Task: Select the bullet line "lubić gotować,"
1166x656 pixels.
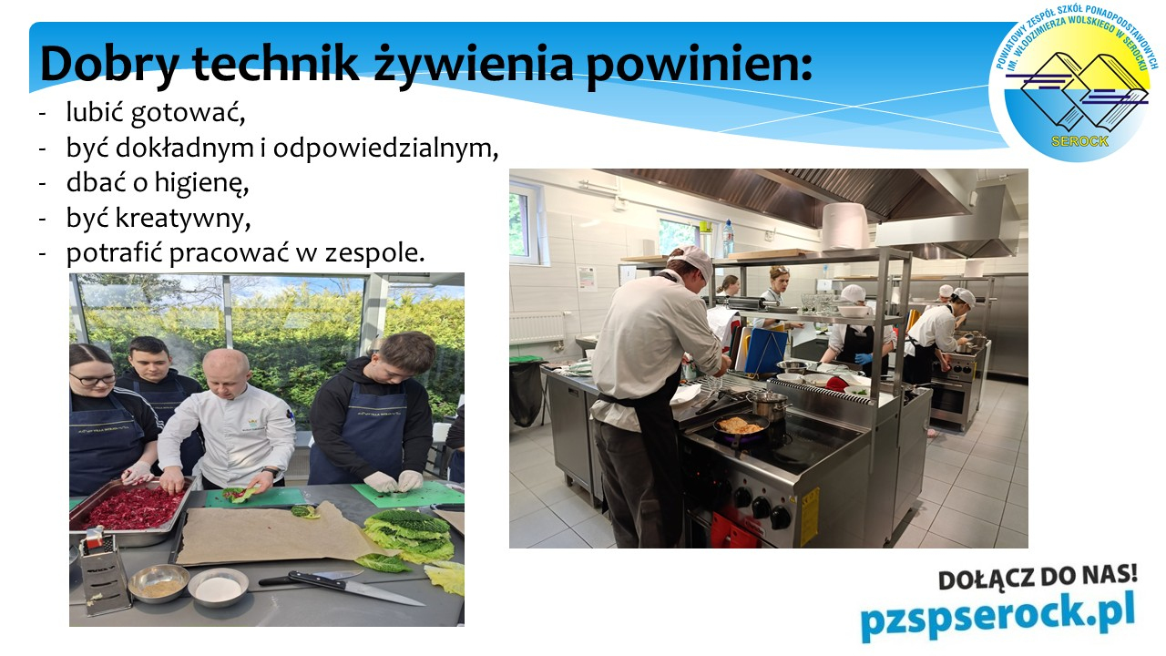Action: pos(156,112)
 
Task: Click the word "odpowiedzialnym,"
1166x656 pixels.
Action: pos(385,149)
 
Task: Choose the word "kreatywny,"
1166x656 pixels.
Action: pos(183,218)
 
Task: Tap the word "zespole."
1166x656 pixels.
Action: pos(374,253)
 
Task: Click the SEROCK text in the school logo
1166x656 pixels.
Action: pos(1079,141)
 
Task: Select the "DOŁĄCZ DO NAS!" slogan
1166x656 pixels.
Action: pos(1038,577)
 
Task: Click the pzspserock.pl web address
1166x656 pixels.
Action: pos(997,619)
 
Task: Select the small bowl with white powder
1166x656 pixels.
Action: pos(218,588)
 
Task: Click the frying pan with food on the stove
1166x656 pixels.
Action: pos(741,428)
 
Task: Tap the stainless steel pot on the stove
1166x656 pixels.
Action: pos(768,405)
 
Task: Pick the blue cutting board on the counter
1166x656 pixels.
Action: pos(766,350)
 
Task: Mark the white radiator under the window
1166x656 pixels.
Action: pos(537,328)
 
